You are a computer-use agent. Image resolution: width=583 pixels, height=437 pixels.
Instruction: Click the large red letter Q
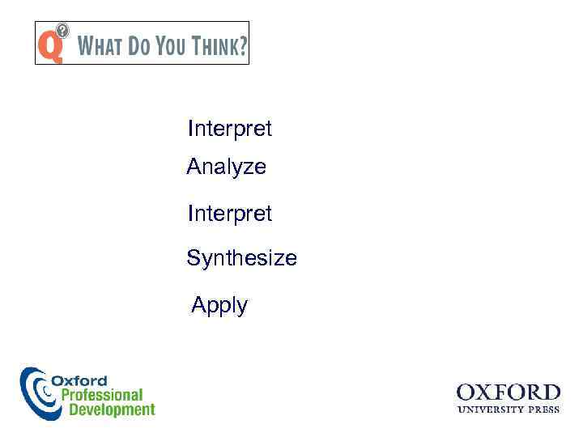tap(49, 45)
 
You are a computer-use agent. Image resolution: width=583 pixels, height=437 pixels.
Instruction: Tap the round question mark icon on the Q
tap(62, 30)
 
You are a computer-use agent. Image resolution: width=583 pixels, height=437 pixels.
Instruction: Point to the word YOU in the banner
tap(171, 46)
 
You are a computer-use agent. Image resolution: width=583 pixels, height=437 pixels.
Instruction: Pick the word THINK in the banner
tap(214, 46)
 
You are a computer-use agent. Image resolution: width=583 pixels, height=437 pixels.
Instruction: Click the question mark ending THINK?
tap(242, 46)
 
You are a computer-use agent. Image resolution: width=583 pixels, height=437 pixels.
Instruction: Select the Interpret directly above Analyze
tap(229, 129)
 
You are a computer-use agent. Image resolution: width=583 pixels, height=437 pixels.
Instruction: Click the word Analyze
tap(226, 167)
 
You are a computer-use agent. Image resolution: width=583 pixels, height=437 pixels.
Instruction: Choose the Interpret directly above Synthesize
tap(229, 214)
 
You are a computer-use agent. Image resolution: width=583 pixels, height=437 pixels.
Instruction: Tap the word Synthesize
tap(241, 258)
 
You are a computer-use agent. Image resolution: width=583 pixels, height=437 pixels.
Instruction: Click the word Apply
tap(219, 305)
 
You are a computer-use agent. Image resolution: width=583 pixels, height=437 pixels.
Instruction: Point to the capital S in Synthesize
tap(194, 258)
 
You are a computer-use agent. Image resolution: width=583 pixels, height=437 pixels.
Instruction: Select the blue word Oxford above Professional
tap(79, 380)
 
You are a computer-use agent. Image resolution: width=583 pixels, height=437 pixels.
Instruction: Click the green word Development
tap(111, 409)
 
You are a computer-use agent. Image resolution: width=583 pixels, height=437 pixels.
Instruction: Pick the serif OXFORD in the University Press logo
tap(508, 392)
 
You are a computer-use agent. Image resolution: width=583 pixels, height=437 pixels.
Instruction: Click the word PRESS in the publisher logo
tap(544, 409)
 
